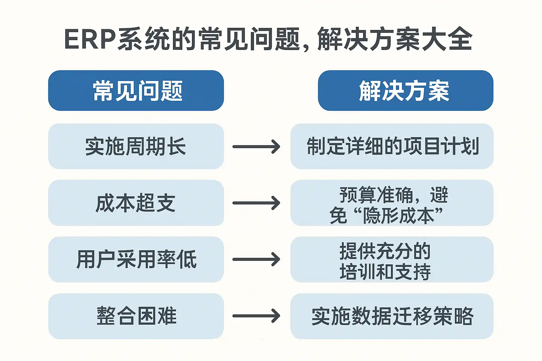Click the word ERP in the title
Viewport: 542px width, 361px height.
[90, 39]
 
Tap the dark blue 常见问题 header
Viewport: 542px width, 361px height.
[136, 91]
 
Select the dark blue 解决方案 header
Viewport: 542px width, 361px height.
[405, 91]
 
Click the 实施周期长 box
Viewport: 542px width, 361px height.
[136, 146]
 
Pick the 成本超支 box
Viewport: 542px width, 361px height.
[136, 203]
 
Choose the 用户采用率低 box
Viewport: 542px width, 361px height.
[136, 259]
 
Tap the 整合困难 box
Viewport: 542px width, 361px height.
[136, 316]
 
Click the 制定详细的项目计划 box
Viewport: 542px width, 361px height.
[392, 146]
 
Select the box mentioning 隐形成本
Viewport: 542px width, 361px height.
[392, 203]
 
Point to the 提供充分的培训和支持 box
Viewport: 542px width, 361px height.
[392, 259]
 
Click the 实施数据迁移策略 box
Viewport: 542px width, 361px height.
[392, 316]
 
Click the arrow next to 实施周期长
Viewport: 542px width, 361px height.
[256, 147]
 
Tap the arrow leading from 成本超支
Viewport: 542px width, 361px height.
[256, 203]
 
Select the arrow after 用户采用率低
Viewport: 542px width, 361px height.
[256, 259]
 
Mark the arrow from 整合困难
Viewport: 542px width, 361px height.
[256, 316]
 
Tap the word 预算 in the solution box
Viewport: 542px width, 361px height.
[357, 195]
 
